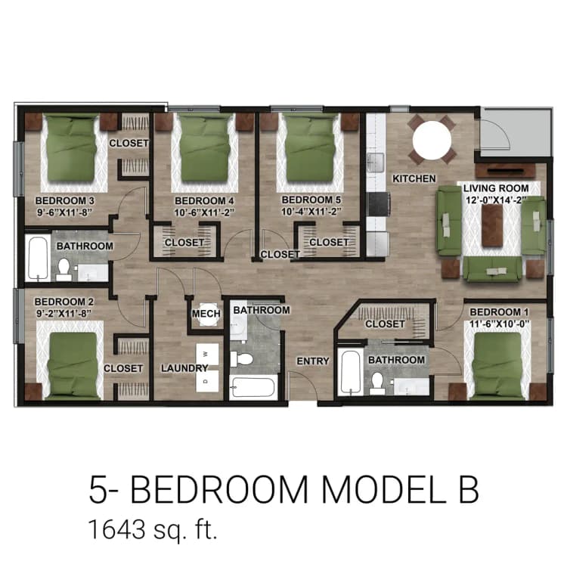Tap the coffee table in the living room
tap(492, 226)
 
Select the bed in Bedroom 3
tap(70, 151)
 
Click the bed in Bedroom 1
tap(497, 365)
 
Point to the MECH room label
tap(206, 314)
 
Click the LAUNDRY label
tap(184, 368)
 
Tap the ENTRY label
tap(312, 361)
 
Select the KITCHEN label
tap(414, 178)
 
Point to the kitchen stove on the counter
tap(376, 203)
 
